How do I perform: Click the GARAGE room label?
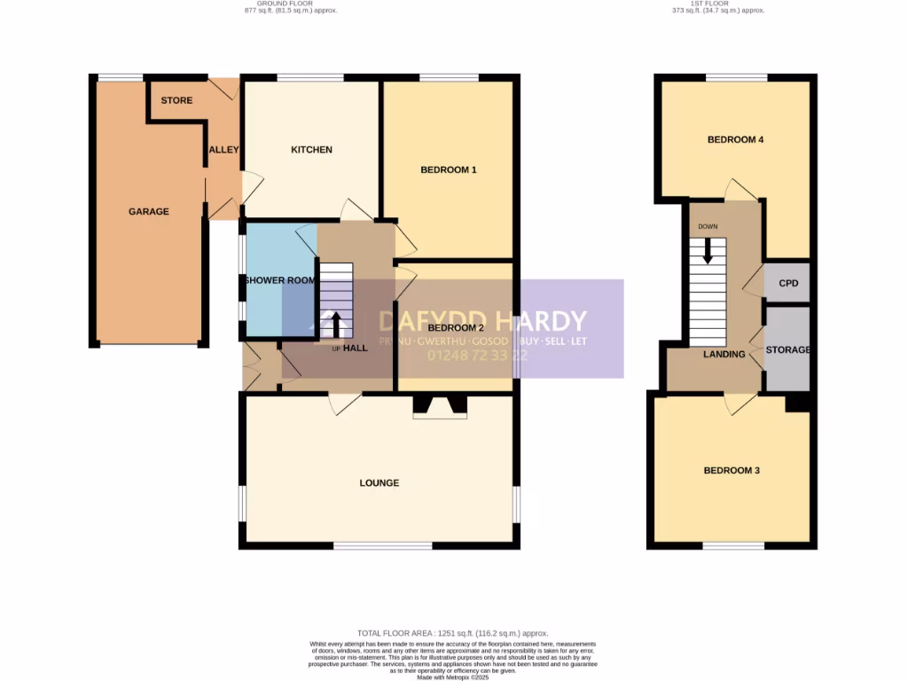148,212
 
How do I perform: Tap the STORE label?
176,100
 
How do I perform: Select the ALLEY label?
223,150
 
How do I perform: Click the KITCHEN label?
311,150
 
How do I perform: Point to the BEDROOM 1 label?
449,169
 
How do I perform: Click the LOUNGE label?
379,483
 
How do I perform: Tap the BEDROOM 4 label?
735,140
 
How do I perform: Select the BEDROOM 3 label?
732,471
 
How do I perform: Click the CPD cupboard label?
788,285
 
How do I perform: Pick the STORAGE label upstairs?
788,350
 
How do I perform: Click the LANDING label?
724,355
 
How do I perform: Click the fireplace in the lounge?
440,407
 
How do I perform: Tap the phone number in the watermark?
477,356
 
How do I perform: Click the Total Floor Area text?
453,633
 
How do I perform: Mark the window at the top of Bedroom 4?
736,77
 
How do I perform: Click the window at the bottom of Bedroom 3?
733,545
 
